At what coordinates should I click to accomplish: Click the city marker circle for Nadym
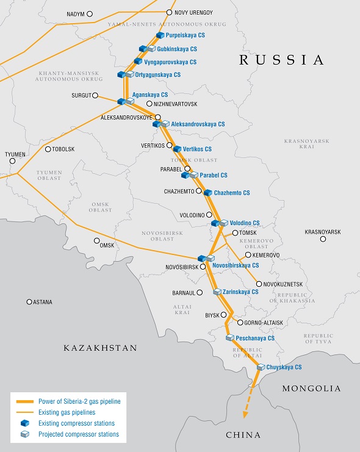[x=90, y=13]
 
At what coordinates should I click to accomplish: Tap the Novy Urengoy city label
[x=193, y=12]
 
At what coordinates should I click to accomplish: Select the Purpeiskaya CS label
[x=185, y=36]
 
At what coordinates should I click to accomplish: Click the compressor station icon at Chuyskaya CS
[x=261, y=367]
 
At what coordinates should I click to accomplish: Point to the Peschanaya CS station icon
[x=229, y=337]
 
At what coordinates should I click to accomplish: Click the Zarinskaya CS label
[x=240, y=292]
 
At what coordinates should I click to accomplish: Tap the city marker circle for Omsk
[x=96, y=240]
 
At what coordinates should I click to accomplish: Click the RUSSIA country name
[x=281, y=60]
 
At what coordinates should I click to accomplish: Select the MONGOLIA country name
[x=311, y=388]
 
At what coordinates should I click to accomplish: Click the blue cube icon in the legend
[x=24, y=423]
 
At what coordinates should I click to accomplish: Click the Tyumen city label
[x=15, y=154]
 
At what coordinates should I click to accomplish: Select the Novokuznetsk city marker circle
[x=259, y=284]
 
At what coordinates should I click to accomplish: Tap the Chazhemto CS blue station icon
[x=208, y=193]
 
